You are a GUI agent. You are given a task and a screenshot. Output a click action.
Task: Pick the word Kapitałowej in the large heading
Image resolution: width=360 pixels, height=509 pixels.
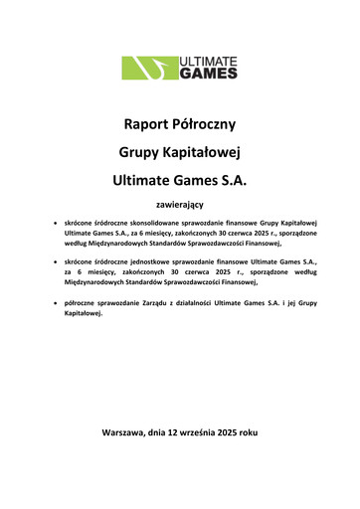[x=203, y=154]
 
